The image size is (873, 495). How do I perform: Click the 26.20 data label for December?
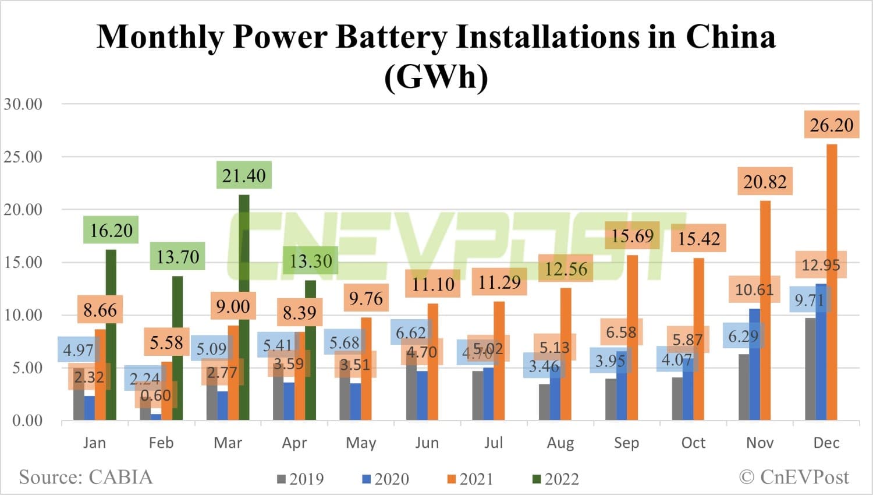click(x=831, y=125)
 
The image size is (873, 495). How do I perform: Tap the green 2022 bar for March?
click(x=244, y=309)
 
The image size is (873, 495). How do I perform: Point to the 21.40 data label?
click(x=244, y=175)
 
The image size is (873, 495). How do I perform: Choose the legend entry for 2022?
click(x=556, y=479)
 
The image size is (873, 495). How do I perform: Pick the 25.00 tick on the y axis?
click(x=23, y=157)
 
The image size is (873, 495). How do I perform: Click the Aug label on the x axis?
click(x=560, y=443)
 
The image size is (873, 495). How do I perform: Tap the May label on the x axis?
click(x=361, y=443)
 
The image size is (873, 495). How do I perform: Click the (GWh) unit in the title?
click(x=436, y=76)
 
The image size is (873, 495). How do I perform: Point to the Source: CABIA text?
click(x=86, y=478)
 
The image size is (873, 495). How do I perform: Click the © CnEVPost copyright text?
click(x=794, y=478)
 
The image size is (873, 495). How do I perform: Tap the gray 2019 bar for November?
click(x=743, y=387)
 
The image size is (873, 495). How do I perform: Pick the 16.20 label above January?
click(x=111, y=231)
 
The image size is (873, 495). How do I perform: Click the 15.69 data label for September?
click(x=632, y=236)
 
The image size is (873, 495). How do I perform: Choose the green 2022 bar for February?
click(x=178, y=349)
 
